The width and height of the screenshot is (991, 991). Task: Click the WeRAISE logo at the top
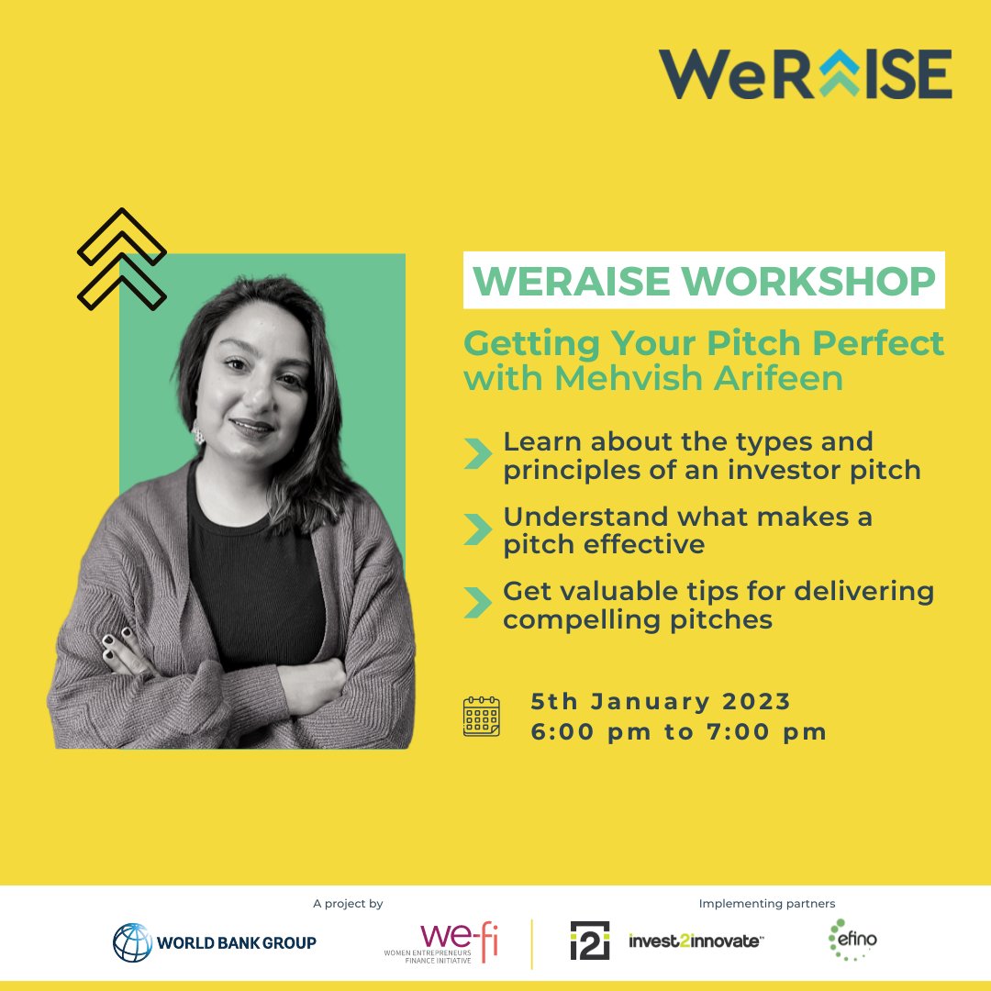pyautogui.click(x=805, y=74)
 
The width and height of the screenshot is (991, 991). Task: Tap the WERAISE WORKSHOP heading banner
pyautogui.click(x=704, y=283)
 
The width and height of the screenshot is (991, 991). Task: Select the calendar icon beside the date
pyautogui.click(x=482, y=717)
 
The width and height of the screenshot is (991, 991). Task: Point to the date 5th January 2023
pyautogui.click(x=661, y=702)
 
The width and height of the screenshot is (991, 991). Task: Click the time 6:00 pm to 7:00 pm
pyautogui.click(x=678, y=732)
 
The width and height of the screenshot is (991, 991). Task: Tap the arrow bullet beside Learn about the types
pyautogui.click(x=477, y=454)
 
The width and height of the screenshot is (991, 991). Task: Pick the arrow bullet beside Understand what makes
pyautogui.click(x=477, y=529)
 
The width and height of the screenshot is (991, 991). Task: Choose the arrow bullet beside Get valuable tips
pyautogui.click(x=477, y=604)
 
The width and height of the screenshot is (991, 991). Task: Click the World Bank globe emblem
pyautogui.click(x=132, y=941)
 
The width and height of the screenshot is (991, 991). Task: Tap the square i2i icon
pyautogui.click(x=589, y=941)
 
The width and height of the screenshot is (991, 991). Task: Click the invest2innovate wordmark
pyautogui.click(x=696, y=941)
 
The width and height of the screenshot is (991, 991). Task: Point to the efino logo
pyautogui.click(x=852, y=939)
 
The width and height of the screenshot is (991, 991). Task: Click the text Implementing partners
pyautogui.click(x=767, y=904)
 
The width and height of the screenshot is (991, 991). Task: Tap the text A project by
pyautogui.click(x=348, y=904)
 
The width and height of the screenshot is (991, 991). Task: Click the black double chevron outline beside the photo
pyautogui.click(x=122, y=259)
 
